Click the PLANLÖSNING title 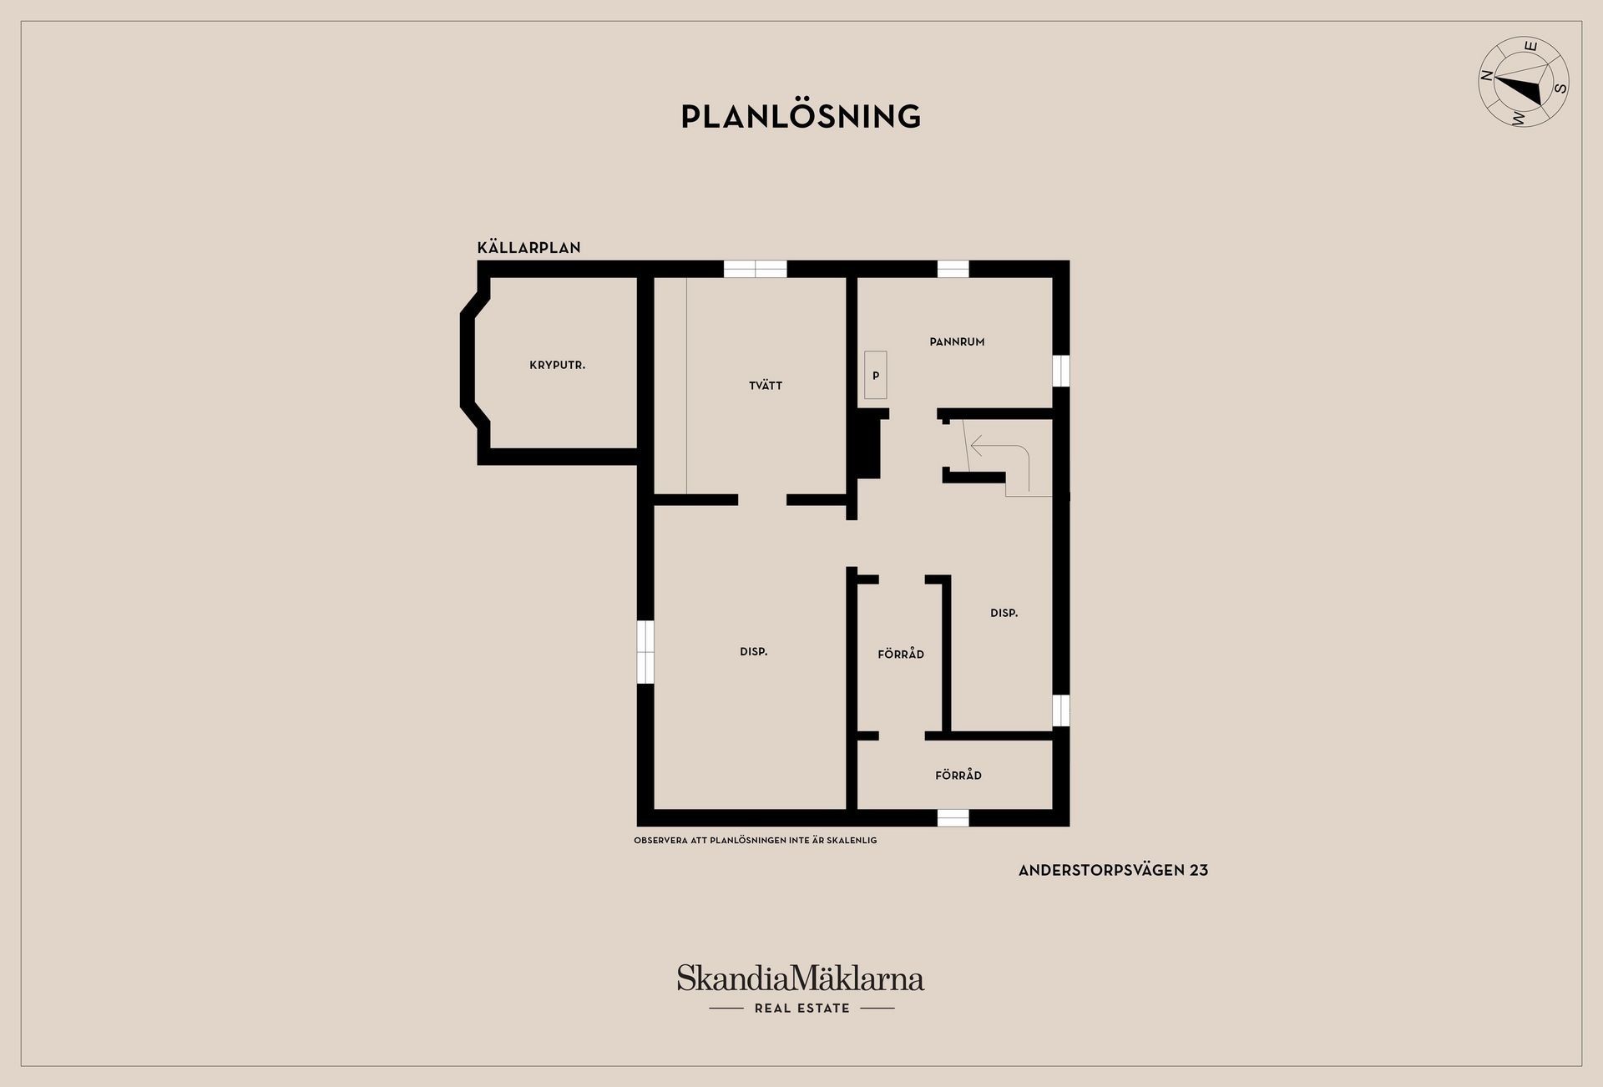click(801, 116)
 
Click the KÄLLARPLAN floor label click(528, 248)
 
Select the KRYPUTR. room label click(557, 366)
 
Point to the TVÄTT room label click(766, 386)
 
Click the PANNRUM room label click(957, 341)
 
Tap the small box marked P click(876, 375)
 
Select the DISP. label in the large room click(753, 652)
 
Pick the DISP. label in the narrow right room click(1004, 613)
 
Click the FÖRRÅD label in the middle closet click(901, 655)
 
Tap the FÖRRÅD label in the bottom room click(958, 776)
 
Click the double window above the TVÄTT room click(755, 269)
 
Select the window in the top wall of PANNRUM click(953, 269)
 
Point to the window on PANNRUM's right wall click(1060, 371)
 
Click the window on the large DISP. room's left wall click(645, 652)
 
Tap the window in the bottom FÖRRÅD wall click(953, 818)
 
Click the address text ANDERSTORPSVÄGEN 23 click(1113, 870)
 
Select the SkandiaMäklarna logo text click(801, 978)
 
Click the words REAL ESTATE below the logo click(801, 1009)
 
